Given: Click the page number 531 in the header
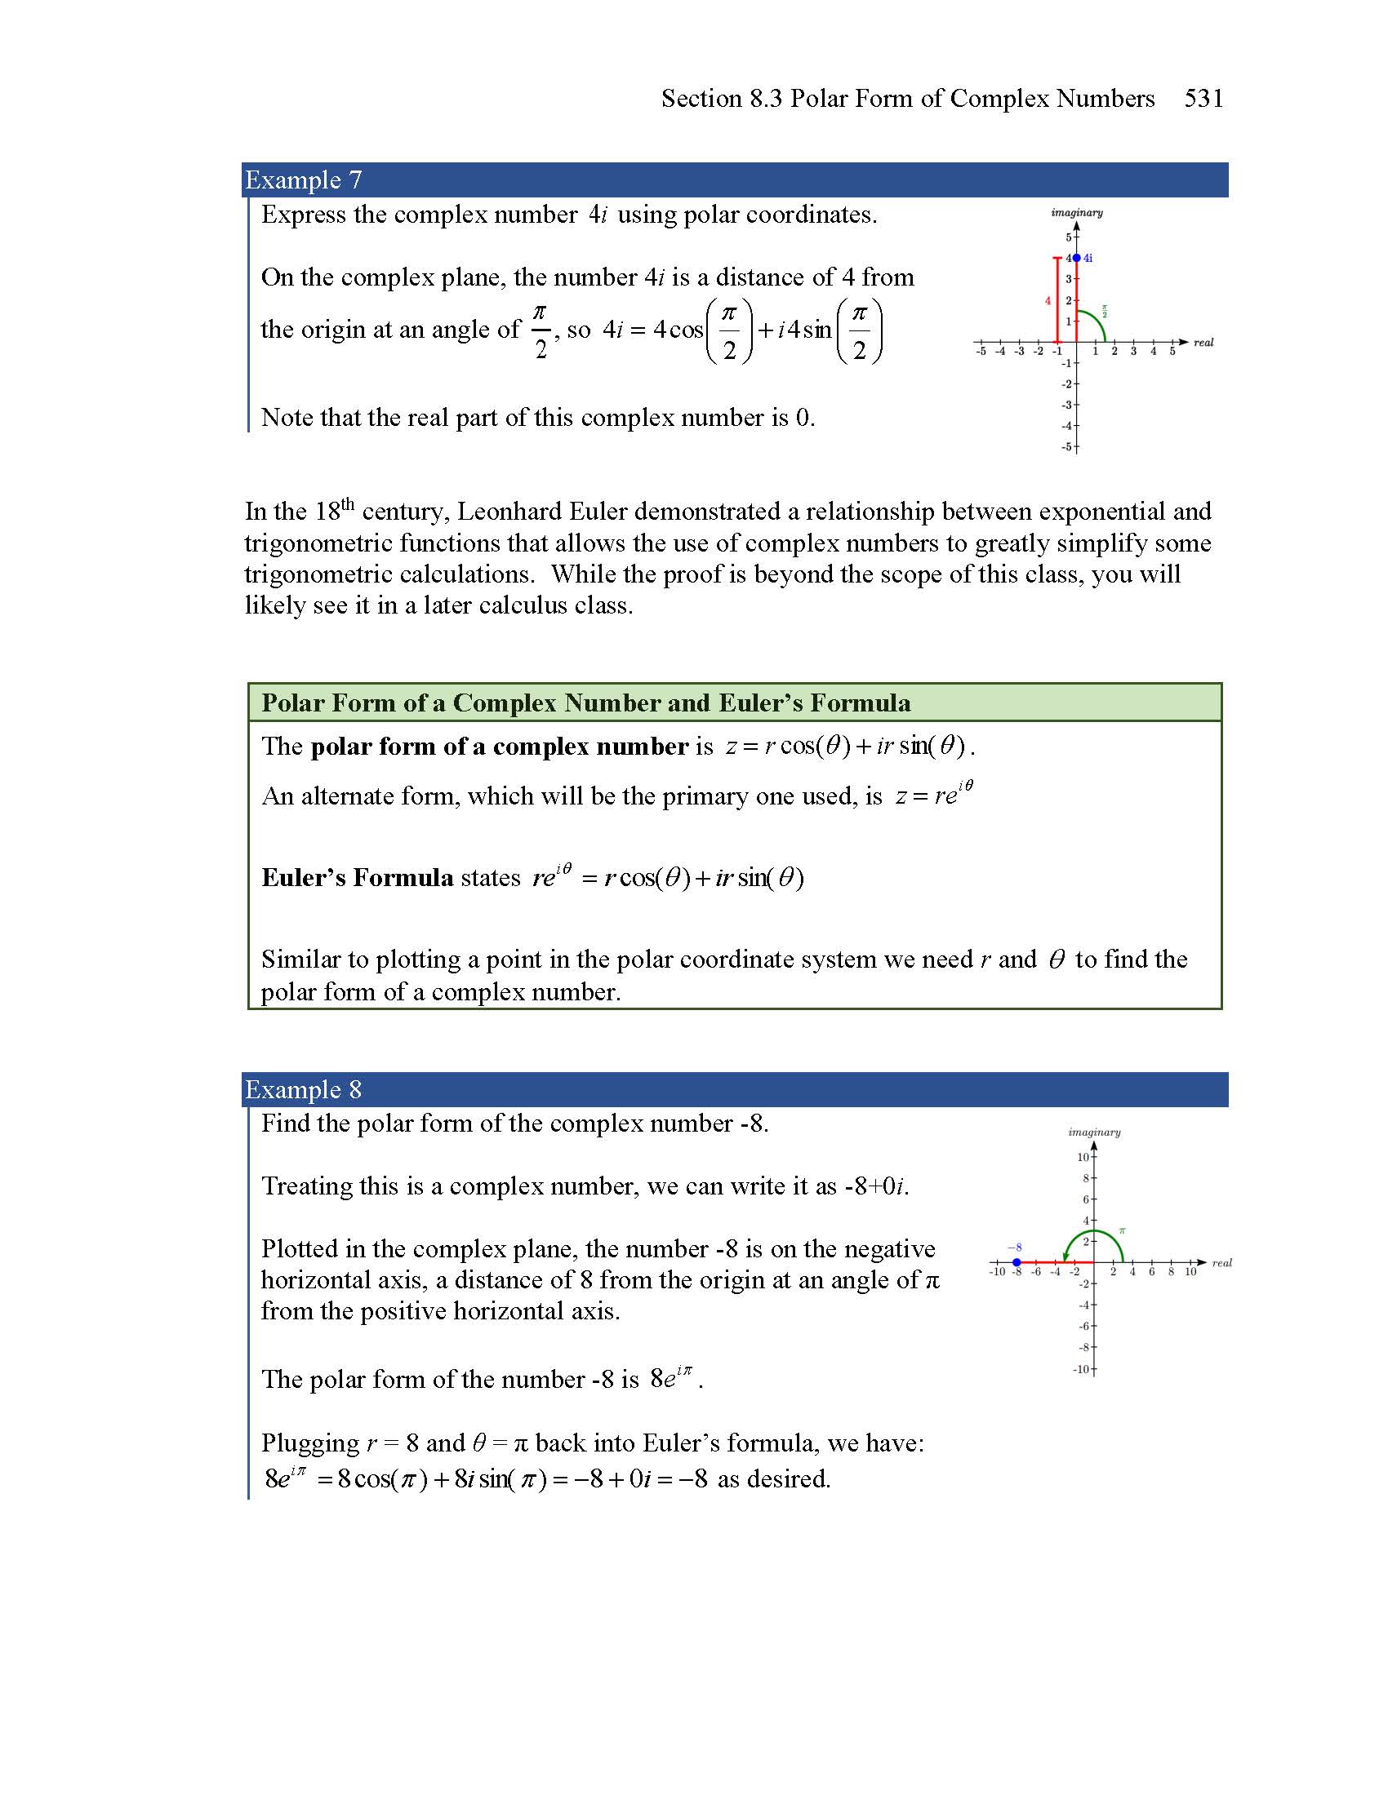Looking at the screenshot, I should [x=1203, y=99].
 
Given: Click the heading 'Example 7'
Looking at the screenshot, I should [x=304, y=180].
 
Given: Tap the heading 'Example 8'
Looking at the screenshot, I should [x=304, y=1089].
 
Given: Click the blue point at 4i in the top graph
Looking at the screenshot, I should [x=1076, y=258].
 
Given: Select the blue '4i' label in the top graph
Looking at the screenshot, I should [x=1088, y=258].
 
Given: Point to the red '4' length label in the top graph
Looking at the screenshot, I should [x=1048, y=301].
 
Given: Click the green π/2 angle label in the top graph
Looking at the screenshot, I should [x=1106, y=311].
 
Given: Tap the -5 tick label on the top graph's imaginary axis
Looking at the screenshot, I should [x=1066, y=447].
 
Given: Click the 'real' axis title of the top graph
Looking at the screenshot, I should [x=1203, y=343].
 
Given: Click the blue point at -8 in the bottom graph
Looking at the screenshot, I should [x=1017, y=1262].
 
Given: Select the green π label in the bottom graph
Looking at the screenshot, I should [x=1122, y=1231].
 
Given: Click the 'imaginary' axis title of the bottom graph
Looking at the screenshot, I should [x=1094, y=1132].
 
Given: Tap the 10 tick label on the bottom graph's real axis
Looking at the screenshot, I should [x=1190, y=1272].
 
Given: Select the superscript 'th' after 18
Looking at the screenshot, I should [x=348, y=503].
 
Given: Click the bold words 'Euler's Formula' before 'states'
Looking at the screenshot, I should [x=357, y=878].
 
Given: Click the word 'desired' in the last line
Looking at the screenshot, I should [x=795, y=1478].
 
